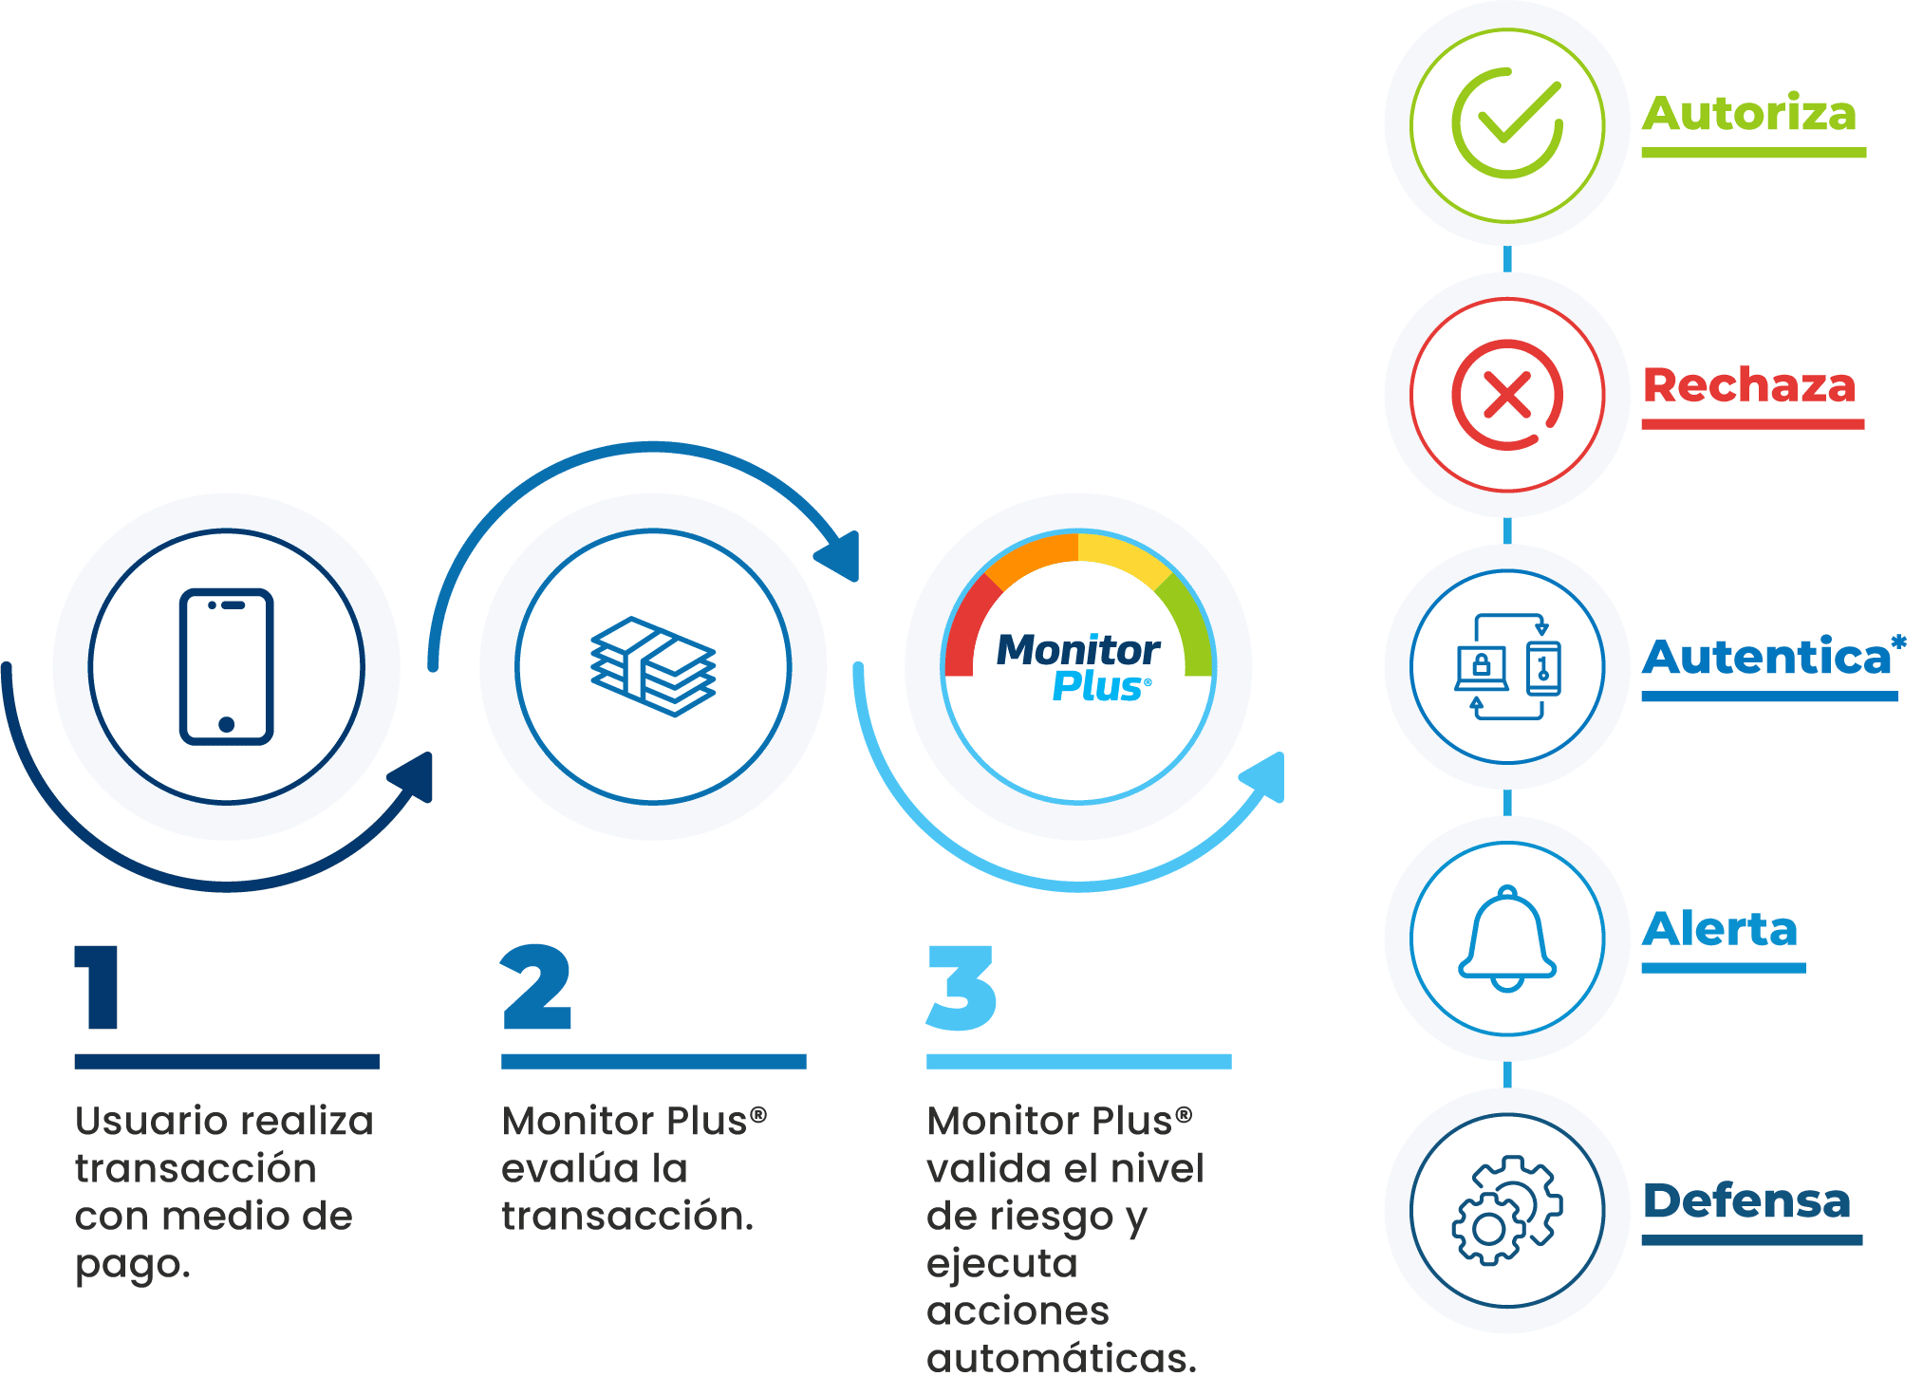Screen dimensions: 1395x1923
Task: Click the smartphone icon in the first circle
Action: click(227, 666)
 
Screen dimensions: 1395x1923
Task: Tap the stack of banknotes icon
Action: click(653, 666)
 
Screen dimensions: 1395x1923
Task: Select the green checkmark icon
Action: click(1507, 123)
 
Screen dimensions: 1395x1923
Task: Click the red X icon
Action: click(1507, 394)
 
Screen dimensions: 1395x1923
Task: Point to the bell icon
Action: click(1507, 939)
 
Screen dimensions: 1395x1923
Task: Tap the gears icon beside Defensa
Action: click(1507, 1210)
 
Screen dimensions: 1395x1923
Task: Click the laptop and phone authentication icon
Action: click(1507, 666)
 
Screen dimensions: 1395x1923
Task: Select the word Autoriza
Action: click(1748, 114)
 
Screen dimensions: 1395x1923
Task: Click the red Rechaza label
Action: click(1748, 386)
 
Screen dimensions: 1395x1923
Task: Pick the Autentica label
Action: click(1765, 658)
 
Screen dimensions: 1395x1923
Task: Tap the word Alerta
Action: click(1720, 929)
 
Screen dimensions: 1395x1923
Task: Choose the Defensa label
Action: click(1746, 1201)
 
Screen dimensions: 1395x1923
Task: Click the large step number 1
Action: click(100, 987)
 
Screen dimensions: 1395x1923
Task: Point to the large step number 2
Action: click(536, 987)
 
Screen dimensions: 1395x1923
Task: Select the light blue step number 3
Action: click(961, 987)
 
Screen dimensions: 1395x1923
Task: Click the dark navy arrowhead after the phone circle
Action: click(416, 776)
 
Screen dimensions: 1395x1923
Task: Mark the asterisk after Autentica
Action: click(1898, 642)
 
